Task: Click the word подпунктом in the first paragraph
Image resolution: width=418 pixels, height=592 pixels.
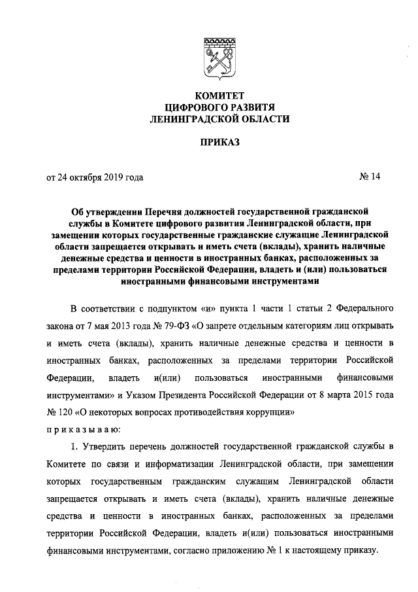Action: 163,309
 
